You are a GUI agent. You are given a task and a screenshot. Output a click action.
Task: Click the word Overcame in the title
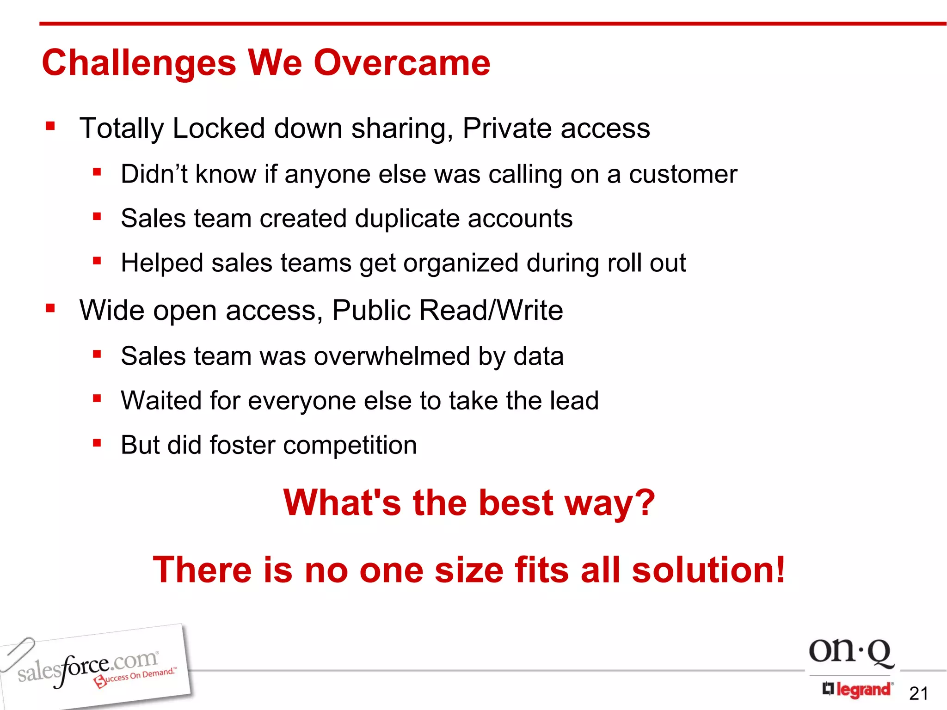(x=402, y=63)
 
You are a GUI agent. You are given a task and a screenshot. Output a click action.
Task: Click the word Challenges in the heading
(x=139, y=64)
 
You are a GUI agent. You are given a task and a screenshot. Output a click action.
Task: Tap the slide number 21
(x=918, y=693)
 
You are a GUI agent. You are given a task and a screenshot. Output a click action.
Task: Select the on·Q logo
(x=851, y=652)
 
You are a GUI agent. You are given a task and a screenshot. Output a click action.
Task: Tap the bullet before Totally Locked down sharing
(x=50, y=126)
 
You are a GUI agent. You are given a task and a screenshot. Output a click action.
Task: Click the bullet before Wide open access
(x=50, y=308)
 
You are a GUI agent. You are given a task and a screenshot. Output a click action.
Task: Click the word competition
(x=350, y=445)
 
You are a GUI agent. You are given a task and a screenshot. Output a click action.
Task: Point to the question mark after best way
(x=643, y=503)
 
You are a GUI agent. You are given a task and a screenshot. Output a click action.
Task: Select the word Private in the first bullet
(x=507, y=128)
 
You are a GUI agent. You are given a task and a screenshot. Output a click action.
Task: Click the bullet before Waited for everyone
(x=97, y=398)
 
